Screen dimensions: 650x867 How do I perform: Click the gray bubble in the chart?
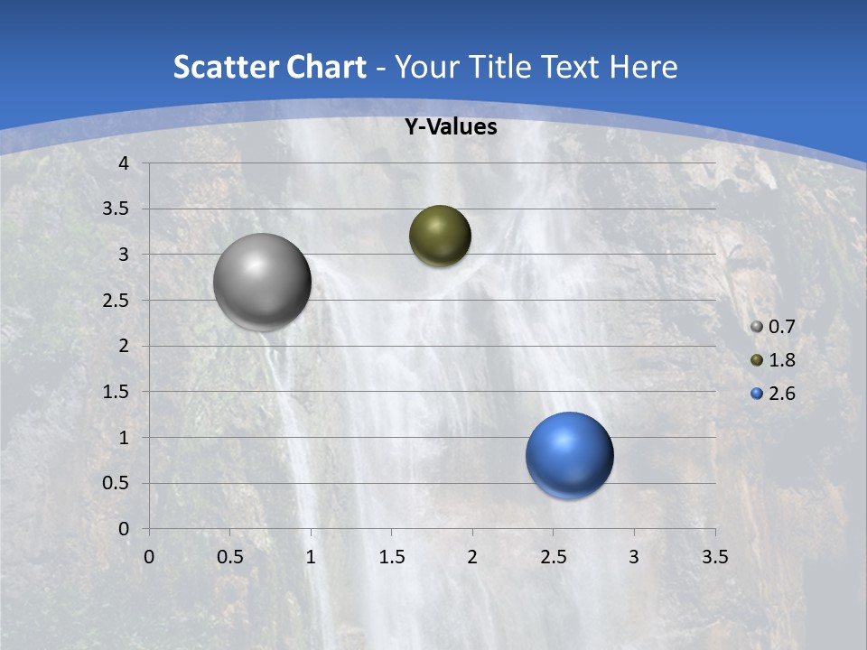(263, 282)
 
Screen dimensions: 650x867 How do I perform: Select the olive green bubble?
(440, 236)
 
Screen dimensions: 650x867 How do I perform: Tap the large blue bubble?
(569, 455)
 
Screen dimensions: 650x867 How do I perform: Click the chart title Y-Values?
(450, 127)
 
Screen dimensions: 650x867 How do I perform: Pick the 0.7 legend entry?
(773, 327)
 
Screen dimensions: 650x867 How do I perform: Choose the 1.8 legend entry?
(773, 360)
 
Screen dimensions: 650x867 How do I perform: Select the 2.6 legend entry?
(773, 394)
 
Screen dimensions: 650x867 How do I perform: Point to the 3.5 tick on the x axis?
(714, 557)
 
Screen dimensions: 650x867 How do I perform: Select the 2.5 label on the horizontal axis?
(553, 557)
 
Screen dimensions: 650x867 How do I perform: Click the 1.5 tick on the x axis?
(391, 557)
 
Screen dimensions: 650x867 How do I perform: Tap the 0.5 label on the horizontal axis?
(229, 557)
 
